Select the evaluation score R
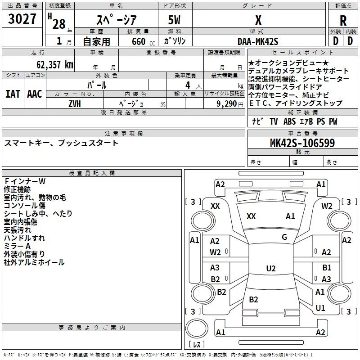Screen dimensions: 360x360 [343, 21]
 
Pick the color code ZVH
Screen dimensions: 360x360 [75, 103]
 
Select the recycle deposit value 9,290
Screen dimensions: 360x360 [226, 103]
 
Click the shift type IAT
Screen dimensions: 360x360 [13, 94]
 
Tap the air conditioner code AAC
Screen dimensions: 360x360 [34, 94]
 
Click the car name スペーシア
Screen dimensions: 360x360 [117, 21]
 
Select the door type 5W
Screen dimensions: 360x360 [175, 21]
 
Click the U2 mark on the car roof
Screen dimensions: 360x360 [270, 269]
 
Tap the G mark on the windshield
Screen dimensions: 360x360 [284, 237]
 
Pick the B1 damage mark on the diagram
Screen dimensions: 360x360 [327, 268]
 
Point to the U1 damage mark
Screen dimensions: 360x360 [320, 308]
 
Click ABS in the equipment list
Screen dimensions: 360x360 [290, 121]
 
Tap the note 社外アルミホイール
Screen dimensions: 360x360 [34, 262]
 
